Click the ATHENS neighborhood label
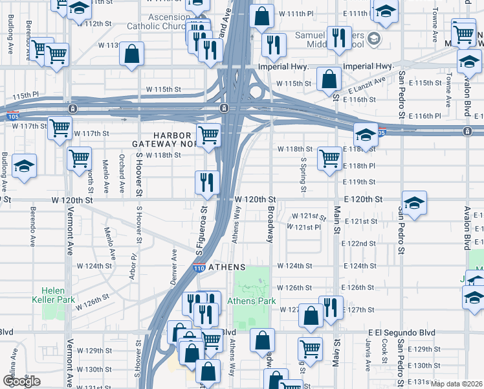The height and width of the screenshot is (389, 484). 226,266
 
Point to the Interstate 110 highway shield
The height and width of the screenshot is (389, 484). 199,267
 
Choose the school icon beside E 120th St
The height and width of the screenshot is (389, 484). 413,202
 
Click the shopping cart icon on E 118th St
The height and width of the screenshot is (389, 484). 329,158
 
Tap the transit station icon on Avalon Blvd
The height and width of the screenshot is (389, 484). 467,132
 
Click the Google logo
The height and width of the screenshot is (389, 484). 21,381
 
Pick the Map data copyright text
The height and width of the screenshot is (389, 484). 457,384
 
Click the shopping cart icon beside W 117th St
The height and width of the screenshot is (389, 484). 60,128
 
